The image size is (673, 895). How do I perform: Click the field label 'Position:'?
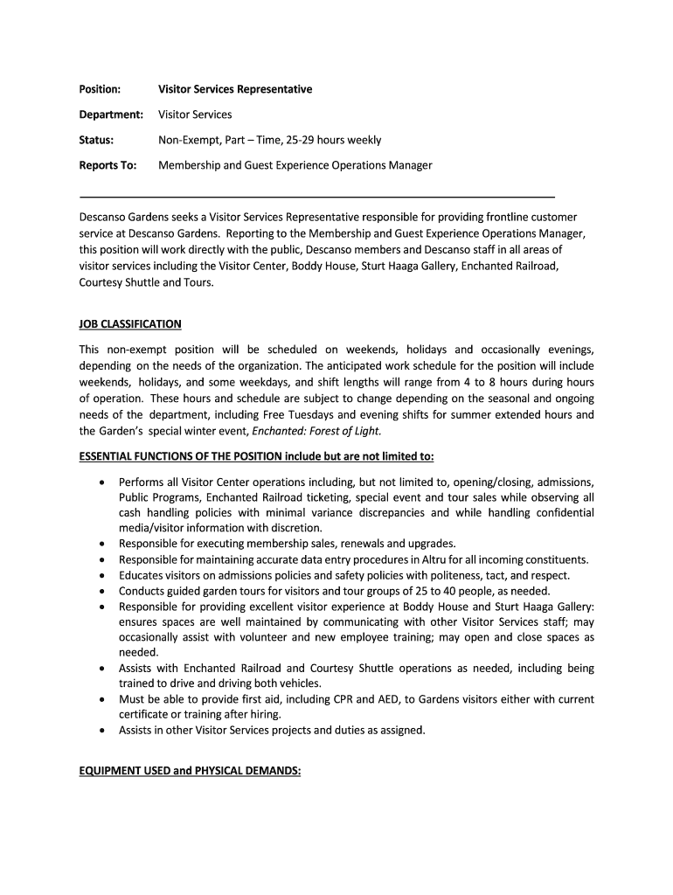[100, 89]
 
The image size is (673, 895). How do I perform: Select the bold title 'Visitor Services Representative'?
[234, 89]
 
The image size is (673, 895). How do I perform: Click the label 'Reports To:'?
[108, 165]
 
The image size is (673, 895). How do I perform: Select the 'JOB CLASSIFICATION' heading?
[130, 324]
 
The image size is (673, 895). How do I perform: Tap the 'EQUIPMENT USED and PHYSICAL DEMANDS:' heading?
[190, 772]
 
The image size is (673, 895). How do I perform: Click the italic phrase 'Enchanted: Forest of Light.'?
[316, 431]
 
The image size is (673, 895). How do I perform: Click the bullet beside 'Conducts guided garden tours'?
[104, 591]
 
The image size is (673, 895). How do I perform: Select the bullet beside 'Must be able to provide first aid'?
[104, 699]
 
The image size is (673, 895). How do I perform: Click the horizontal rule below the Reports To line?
[316, 198]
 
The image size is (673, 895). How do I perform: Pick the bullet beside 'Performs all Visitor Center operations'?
[104, 482]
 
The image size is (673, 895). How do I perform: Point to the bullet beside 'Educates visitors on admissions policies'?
[104, 575]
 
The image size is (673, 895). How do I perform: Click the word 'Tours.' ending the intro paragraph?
[198, 282]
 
